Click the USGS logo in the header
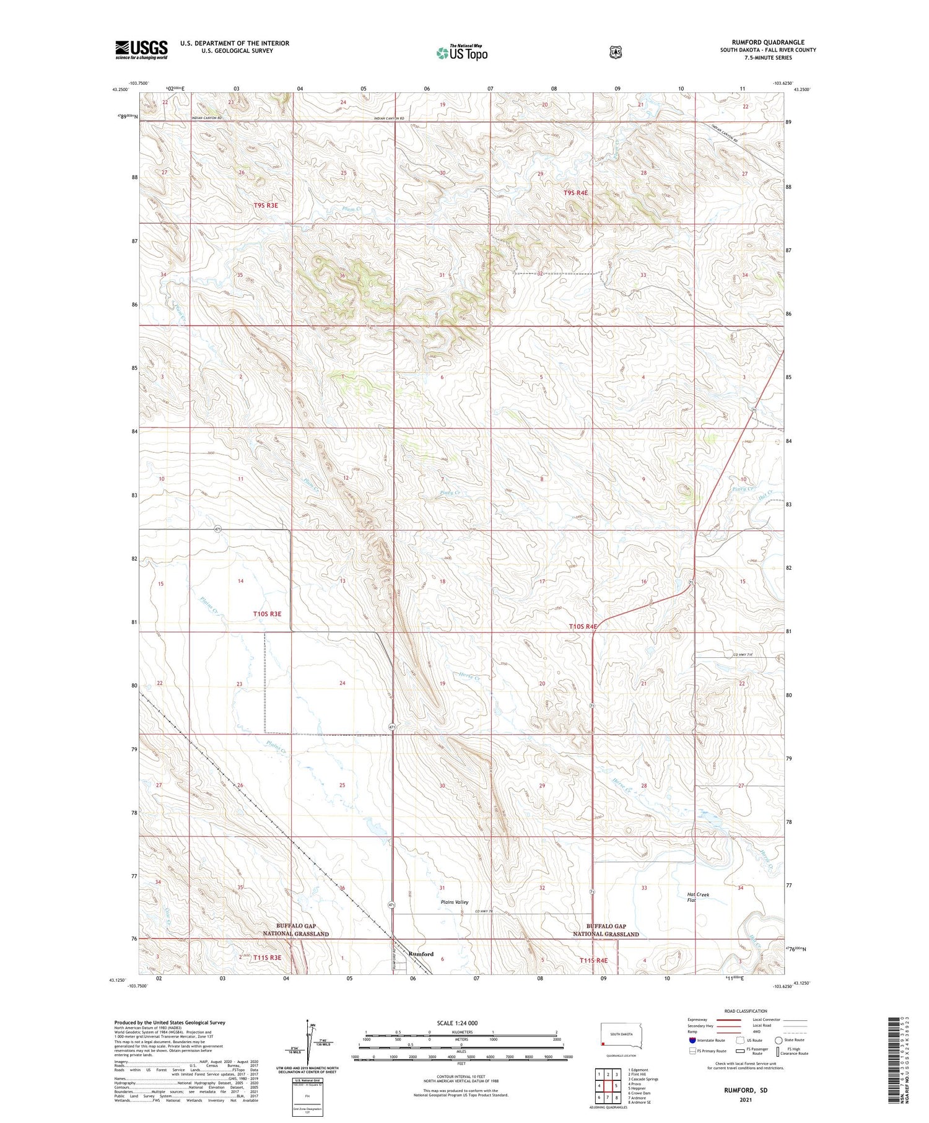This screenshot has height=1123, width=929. point(141,50)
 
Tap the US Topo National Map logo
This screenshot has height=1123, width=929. point(461,53)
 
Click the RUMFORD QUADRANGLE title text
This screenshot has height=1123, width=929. point(768,42)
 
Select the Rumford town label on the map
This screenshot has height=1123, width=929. point(421,954)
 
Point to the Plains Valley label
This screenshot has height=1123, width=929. point(455,902)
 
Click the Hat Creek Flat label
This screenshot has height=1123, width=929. point(698,897)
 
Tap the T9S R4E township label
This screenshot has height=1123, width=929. point(575,193)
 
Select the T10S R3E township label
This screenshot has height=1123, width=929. point(267,614)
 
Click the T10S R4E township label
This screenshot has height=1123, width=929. point(583,627)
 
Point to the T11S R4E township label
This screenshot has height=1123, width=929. point(593,961)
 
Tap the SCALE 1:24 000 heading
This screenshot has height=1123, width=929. point(461,1023)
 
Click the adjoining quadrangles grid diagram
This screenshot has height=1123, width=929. point(608,1085)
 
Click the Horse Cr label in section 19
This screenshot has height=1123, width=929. point(470,676)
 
